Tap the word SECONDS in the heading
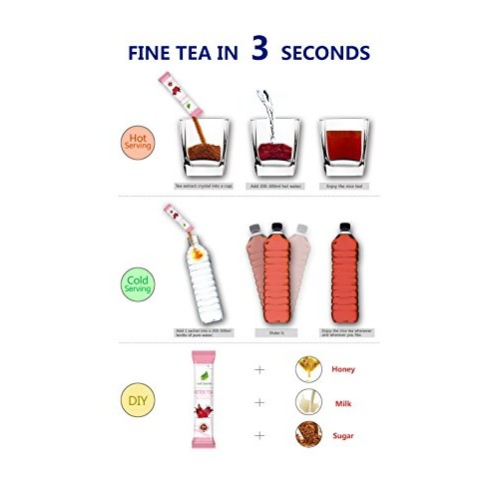325,53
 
